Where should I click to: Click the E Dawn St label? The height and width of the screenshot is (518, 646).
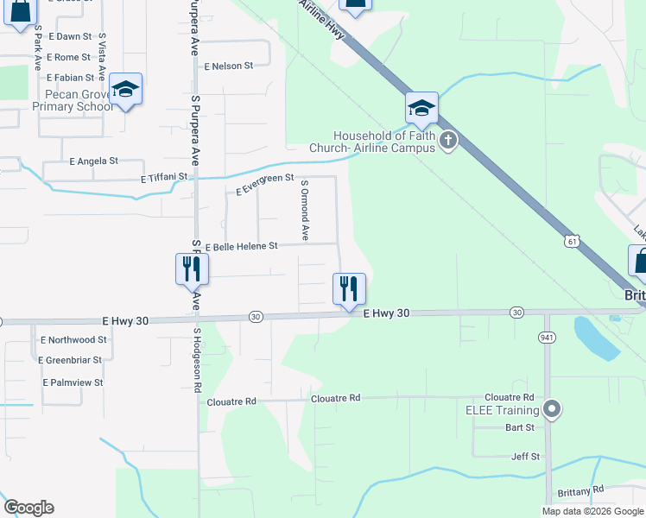tap(70, 36)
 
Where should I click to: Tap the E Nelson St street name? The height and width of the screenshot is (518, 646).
tap(228, 65)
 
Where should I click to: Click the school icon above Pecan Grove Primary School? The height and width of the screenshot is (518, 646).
tap(126, 89)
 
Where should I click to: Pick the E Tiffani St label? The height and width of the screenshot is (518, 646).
tap(164, 177)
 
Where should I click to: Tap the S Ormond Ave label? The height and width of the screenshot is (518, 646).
tap(304, 210)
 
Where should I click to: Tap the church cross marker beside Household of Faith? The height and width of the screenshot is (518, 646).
tap(447, 141)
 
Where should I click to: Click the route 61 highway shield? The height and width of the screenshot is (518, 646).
tap(572, 243)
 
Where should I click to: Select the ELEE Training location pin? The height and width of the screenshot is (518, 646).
tap(553, 409)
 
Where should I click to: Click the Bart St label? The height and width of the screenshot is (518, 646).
tap(520, 427)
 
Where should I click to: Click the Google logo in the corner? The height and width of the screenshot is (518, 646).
tap(28, 508)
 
